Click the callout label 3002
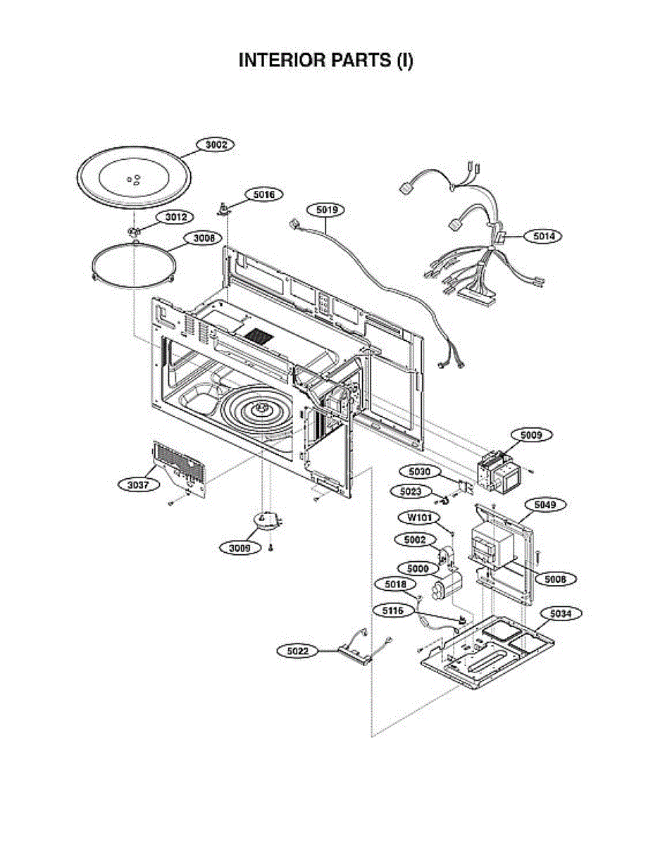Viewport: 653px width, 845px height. click(x=216, y=144)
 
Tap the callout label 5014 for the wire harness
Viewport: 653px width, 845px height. click(x=542, y=237)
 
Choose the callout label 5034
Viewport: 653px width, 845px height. click(x=561, y=614)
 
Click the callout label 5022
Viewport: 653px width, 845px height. click(x=298, y=651)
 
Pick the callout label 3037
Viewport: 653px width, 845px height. click(x=138, y=484)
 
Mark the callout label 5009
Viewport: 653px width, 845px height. click(x=531, y=436)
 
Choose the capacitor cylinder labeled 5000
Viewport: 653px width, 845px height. click(x=447, y=586)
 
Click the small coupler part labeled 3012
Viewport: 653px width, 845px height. click(x=134, y=231)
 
